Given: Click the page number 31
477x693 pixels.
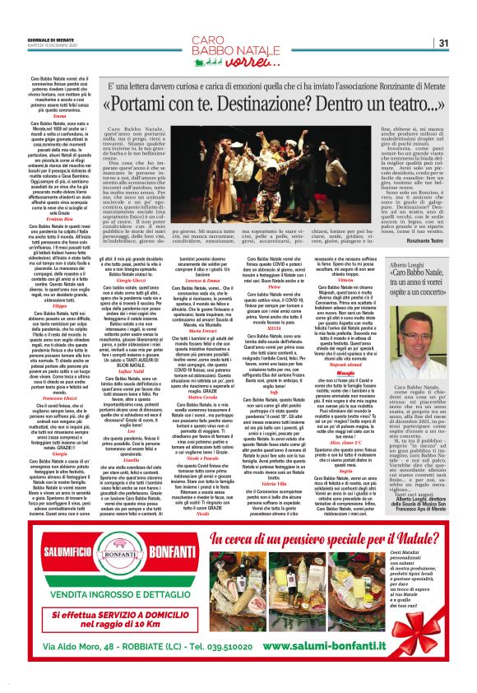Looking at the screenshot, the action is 442,43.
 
